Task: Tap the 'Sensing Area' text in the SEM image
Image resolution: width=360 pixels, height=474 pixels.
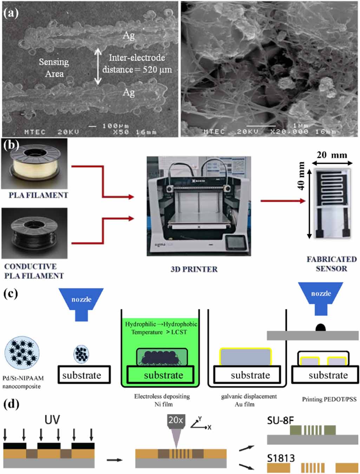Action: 54,68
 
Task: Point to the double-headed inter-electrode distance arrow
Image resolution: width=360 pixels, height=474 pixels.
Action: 98,67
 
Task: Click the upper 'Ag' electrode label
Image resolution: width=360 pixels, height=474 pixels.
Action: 129,35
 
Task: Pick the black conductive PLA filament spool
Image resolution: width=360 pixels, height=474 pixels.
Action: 34,233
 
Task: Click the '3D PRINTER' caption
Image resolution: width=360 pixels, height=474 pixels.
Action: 194,269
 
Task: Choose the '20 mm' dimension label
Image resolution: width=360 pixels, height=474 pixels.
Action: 332,155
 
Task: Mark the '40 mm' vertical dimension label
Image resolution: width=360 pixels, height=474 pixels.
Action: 301,176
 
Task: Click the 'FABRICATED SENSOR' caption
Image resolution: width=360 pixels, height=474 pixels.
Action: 331,264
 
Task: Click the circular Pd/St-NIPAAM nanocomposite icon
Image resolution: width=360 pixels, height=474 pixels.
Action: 22,353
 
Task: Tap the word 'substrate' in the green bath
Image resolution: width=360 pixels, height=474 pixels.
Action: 163,375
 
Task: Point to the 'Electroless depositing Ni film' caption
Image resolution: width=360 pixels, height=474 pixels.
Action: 162,400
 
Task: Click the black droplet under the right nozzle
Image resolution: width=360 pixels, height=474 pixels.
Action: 321,328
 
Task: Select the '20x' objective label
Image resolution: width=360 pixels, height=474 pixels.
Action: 176,420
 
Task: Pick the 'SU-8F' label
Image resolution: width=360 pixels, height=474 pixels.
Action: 280,420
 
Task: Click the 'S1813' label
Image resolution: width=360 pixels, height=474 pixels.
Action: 281,458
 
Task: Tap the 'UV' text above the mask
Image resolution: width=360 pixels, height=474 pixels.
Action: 52,420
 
